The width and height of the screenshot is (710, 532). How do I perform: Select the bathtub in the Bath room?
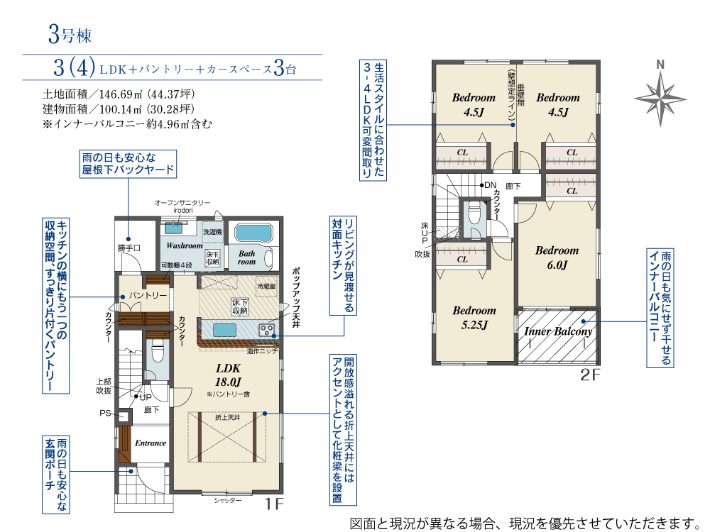(253, 233)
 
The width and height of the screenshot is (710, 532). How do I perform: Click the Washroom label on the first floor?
(185, 245)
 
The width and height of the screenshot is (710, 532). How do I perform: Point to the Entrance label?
(151, 443)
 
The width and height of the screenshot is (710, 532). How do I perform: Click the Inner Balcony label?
(557, 331)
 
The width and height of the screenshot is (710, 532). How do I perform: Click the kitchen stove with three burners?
(267, 330)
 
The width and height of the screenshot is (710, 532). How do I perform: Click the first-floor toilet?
(158, 350)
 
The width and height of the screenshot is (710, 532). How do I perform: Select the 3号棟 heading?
(71, 33)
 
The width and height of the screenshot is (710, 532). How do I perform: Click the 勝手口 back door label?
(129, 248)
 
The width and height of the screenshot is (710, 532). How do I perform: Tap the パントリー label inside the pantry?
(148, 295)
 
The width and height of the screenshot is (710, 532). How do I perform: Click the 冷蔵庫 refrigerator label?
(266, 287)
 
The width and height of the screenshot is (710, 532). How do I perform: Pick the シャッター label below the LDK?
(227, 500)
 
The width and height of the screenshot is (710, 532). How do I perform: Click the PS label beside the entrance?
(105, 413)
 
